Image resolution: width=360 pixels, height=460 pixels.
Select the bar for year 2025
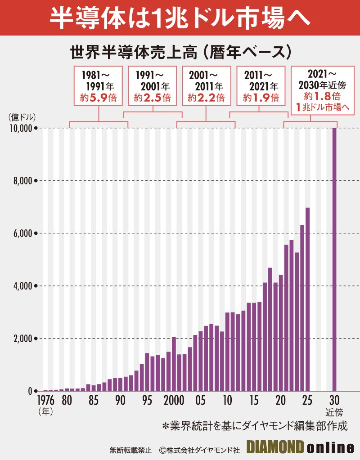(308, 299)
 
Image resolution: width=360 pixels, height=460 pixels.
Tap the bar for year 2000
(174, 364)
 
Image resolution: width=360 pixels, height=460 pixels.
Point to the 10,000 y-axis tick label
(21, 128)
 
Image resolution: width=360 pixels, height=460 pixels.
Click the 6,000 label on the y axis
(22, 233)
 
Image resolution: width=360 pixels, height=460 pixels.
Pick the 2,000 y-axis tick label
(22, 339)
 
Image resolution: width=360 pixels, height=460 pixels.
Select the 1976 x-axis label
(45, 400)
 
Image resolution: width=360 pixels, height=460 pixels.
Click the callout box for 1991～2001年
(152, 85)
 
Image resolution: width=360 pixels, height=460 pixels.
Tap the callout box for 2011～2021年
(261, 85)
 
